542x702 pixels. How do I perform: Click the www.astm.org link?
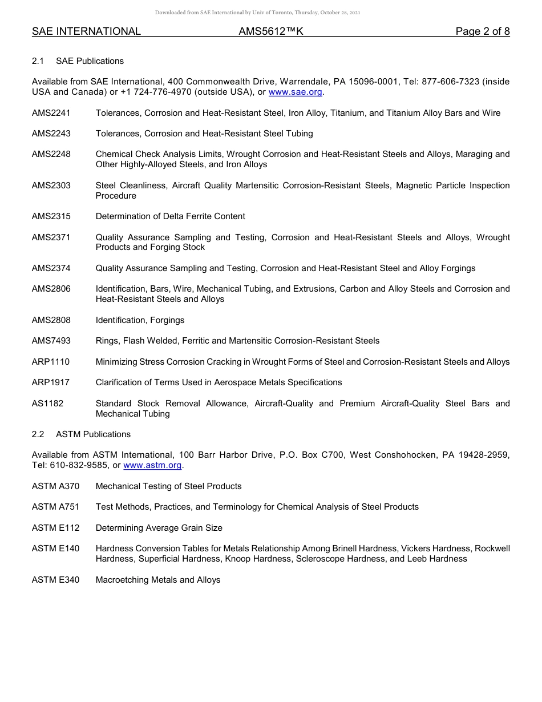[153, 466]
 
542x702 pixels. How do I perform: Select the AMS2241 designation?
[51, 113]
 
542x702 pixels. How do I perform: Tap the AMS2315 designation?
[51, 216]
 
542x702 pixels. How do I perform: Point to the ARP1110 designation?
[51, 362]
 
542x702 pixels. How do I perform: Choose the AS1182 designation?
[48, 404]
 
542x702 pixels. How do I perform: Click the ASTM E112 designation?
[55, 528]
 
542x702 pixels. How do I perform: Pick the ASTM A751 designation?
[55, 507]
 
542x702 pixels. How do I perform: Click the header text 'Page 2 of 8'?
[483, 32]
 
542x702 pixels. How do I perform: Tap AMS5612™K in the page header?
[271, 32]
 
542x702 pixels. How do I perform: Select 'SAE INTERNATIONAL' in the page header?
[86, 32]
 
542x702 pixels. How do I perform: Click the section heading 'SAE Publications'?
[90, 61]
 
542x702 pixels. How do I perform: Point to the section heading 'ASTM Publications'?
[93, 434]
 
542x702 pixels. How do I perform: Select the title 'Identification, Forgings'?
[140, 320]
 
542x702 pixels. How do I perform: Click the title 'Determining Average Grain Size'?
[159, 528]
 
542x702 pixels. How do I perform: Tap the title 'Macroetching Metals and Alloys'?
[157, 580]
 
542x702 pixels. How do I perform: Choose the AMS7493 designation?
[51, 341]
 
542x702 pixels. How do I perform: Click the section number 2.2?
[38, 434]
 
